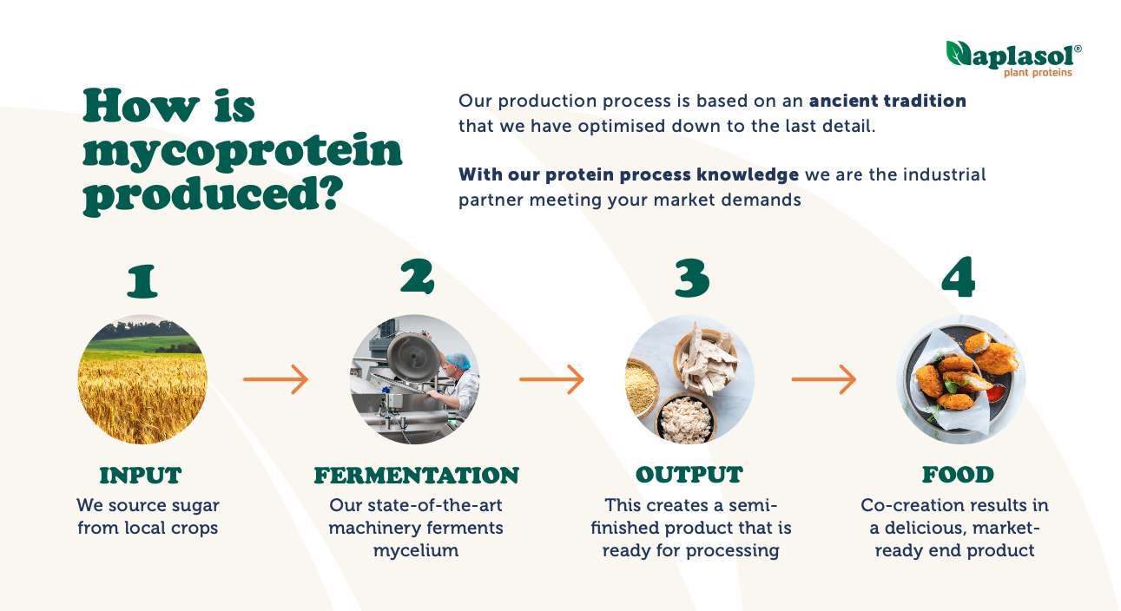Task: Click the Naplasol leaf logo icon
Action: (959, 53)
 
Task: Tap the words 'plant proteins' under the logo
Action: (1038, 73)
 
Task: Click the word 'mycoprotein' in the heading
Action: (242, 152)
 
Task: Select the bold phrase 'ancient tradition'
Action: (887, 101)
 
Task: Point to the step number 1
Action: (142, 281)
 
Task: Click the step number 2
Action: (417, 276)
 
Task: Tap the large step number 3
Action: (692, 279)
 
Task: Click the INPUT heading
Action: (141, 475)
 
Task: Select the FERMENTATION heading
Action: (417, 475)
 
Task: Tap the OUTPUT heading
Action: (689, 475)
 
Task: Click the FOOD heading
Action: (958, 475)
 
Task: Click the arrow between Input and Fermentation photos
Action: (276, 379)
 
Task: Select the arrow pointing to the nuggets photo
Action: (824, 379)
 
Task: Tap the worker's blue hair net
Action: (458, 360)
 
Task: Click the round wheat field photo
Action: (142, 379)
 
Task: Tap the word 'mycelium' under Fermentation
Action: (416, 551)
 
